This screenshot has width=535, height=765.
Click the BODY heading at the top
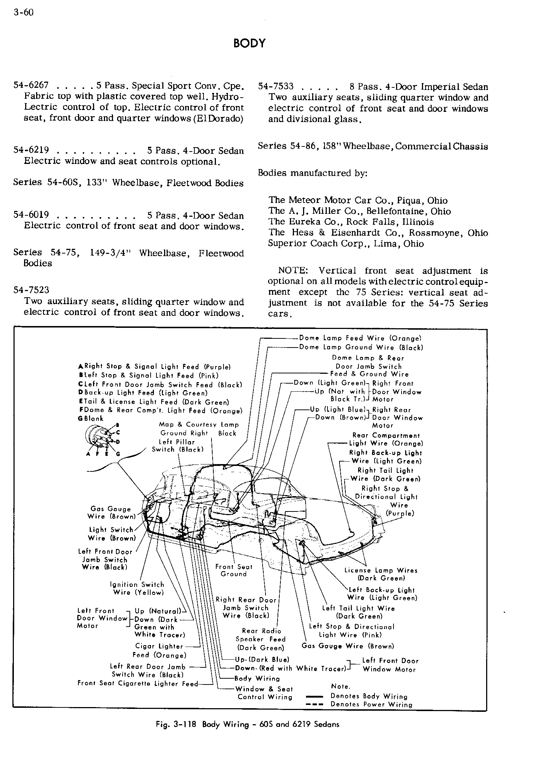[249, 43]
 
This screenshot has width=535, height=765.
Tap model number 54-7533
[276, 87]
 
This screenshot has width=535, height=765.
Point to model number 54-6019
[31, 215]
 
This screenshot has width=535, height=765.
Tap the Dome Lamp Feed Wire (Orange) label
[360, 338]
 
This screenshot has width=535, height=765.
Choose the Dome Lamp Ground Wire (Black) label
[361, 348]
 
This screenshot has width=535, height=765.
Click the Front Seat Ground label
[233, 570]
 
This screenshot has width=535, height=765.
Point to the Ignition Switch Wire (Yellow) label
[137, 588]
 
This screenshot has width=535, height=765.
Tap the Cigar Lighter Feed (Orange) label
[159, 651]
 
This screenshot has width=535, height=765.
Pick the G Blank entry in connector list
[91, 419]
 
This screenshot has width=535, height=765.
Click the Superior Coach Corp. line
[345, 243]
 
